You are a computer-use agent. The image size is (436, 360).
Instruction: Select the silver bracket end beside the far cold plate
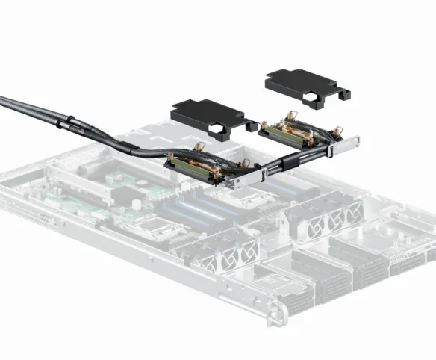tap(348, 143)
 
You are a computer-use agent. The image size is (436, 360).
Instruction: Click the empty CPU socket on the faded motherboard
tap(161, 228)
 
